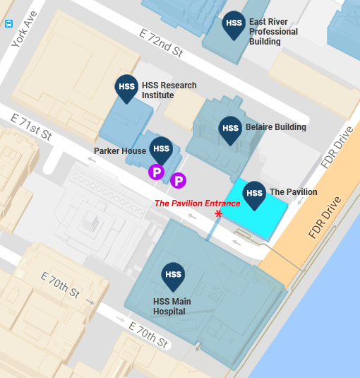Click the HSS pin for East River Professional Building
pos(234,25)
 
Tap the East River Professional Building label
pos(273,32)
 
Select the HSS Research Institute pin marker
pos(126,88)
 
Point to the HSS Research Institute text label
pos(169,90)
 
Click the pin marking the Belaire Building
pos(230,129)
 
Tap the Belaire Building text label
pos(275,128)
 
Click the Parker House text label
pos(120,151)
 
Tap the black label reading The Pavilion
pos(293,192)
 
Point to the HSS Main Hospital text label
pos(172,307)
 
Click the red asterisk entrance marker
pos(220,213)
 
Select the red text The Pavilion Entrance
pos(197,203)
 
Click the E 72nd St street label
pos(161,43)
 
